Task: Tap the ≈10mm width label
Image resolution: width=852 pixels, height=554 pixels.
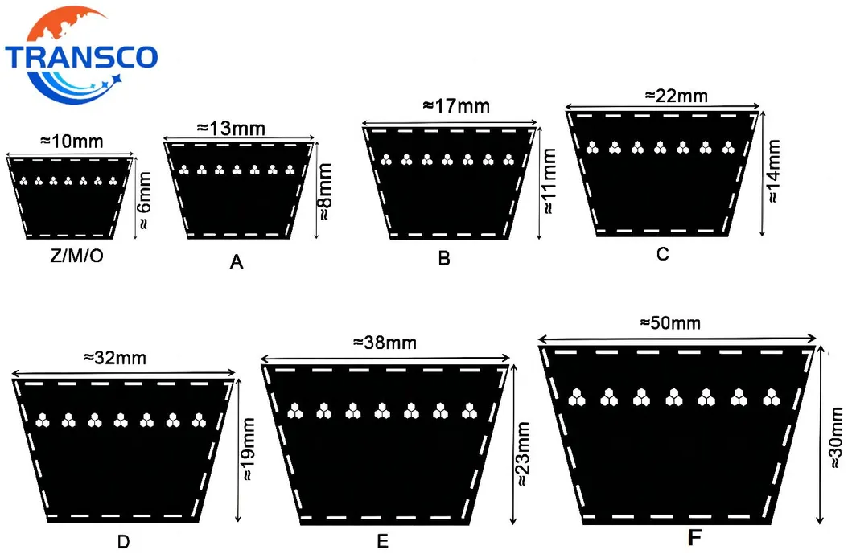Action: [x=72, y=142]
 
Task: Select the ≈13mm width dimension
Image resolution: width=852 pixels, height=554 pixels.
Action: [x=231, y=128]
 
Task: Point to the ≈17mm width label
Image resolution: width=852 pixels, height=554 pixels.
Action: [x=456, y=105]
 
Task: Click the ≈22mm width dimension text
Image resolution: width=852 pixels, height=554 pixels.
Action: [x=677, y=96]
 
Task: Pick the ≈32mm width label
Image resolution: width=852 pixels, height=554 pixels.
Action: [x=115, y=358]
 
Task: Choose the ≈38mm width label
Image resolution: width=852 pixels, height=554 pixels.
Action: [x=385, y=343]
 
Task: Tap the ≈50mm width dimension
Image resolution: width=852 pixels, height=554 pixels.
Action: [x=670, y=323]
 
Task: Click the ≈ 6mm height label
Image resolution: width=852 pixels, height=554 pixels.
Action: [x=144, y=200]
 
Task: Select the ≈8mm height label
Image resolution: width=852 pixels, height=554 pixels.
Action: [x=325, y=191]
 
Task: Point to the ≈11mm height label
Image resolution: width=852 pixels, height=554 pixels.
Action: [x=549, y=181]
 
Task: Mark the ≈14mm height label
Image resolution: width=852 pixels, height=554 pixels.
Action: [x=773, y=171]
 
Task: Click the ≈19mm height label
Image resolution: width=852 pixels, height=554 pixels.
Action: [x=248, y=449]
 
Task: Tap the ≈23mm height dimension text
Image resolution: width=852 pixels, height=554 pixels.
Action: [x=523, y=453]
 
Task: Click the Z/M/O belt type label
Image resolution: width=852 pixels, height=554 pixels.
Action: [x=76, y=255]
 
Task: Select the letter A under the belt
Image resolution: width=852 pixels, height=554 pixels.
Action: [x=237, y=262]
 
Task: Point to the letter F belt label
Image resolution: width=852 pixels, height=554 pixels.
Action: [x=694, y=538]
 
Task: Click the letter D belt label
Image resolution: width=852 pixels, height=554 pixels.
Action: [x=123, y=541]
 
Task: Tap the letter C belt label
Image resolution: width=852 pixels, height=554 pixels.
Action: [x=662, y=254]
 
